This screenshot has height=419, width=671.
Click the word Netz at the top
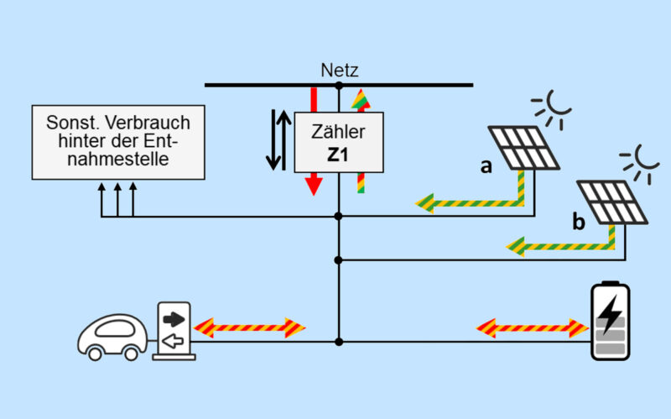coord(339,71)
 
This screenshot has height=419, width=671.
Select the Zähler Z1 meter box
coord(338,144)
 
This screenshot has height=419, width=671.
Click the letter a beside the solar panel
coord(486,166)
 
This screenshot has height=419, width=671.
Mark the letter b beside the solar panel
coord(577,222)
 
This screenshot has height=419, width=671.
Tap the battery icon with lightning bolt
coord(612,321)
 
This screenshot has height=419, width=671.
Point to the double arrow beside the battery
coord(531,327)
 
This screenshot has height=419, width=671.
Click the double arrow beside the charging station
coord(249,327)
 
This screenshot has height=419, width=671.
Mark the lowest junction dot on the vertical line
coord(339,342)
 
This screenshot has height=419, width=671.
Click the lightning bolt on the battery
coord(611,311)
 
